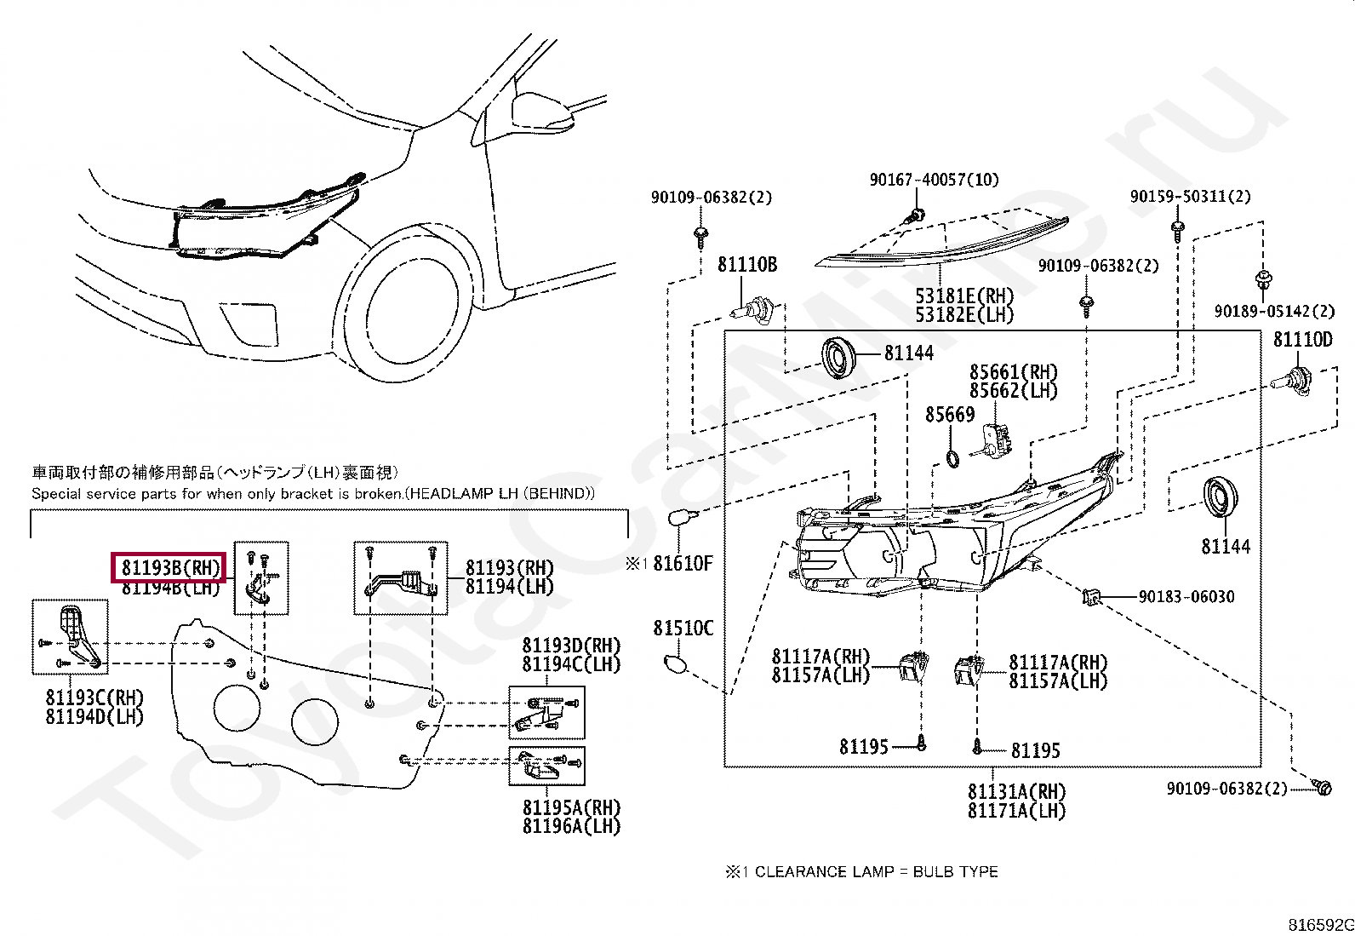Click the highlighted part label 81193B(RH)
point(170,568)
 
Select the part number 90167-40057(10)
point(934,179)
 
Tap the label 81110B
point(747,265)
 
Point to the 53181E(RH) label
point(964,296)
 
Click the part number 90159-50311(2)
point(1191,196)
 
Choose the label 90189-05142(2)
point(1274,311)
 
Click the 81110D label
point(1303,340)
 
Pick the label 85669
point(950,415)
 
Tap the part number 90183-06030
point(1186,597)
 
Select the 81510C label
point(683,629)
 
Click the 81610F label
point(683,564)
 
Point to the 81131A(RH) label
point(1017,791)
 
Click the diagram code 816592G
point(1320,925)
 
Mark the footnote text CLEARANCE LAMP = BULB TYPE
point(877,872)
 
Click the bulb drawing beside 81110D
point(1291,381)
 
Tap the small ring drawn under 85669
point(952,459)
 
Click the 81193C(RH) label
point(95,698)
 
